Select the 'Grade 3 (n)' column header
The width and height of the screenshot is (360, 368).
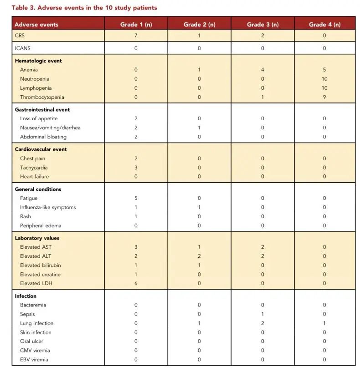(x=262, y=25)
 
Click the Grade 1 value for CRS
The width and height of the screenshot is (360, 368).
(x=136, y=35)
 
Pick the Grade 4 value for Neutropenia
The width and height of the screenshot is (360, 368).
(x=324, y=79)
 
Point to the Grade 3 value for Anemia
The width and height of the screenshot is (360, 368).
(x=262, y=70)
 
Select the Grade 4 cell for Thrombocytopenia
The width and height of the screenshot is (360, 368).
(x=324, y=97)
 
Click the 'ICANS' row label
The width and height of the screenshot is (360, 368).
(x=23, y=48)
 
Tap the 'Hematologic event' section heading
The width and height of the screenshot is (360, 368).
(x=38, y=61)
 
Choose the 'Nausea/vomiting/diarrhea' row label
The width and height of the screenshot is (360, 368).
(x=50, y=128)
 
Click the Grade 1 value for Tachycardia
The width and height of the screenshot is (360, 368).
(x=136, y=168)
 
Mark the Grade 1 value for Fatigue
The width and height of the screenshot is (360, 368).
(x=136, y=198)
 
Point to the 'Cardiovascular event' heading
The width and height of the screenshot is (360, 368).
(x=41, y=149)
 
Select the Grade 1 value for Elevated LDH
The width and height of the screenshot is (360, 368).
(x=136, y=283)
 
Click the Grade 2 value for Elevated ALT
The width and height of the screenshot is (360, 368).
(x=199, y=256)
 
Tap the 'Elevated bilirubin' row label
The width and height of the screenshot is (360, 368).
(x=41, y=265)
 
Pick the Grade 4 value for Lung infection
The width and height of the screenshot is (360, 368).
(x=324, y=323)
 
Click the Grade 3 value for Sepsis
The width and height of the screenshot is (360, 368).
(x=262, y=314)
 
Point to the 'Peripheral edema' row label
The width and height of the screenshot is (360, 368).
(x=41, y=225)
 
